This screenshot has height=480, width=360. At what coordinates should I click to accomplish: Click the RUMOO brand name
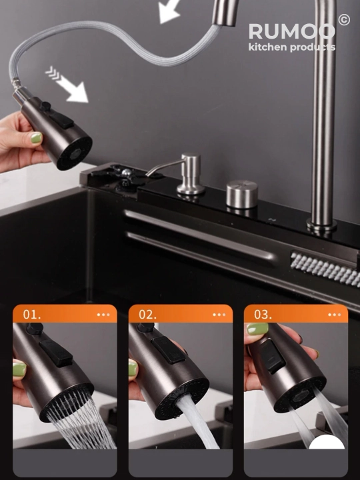pos(291,31)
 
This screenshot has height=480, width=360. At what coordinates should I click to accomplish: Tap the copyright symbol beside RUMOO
pos(344,19)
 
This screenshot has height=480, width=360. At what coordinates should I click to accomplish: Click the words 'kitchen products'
pos(292,47)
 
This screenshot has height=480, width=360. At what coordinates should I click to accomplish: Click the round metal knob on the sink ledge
pos(242,195)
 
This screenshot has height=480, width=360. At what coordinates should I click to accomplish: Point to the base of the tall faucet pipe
pos(321,225)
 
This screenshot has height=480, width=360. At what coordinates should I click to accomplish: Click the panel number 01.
pos(32,315)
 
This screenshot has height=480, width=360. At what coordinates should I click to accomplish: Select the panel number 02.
pos(147,315)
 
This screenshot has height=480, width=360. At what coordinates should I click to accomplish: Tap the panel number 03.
pos(263,315)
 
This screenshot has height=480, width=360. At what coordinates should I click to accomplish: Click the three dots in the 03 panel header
pos(334,315)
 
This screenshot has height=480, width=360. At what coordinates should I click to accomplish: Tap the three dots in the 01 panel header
pos(103,315)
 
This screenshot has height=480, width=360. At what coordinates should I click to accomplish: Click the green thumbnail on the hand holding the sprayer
pos(36,138)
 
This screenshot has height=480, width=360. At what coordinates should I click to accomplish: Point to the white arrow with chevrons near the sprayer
pos(67,85)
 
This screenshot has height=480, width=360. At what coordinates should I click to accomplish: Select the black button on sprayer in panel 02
pos(168,350)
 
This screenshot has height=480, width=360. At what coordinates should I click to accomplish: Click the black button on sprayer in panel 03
pos(273,356)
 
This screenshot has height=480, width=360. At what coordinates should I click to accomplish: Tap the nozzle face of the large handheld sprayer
pos(75,153)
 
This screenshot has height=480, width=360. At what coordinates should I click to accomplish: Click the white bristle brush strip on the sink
pos(325,269)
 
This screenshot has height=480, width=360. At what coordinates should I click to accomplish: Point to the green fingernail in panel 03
pos(257,329)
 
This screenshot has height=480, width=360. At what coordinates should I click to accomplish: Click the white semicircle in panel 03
pos(327,443)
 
